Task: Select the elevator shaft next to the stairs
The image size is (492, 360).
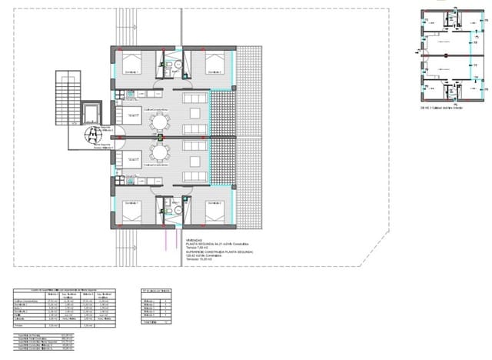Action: (x=91, y=113)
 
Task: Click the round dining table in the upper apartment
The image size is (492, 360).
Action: (x=159, y=121)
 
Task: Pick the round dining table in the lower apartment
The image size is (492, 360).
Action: (x=159, y=152)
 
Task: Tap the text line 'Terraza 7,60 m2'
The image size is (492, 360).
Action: (x=198, y=247)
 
